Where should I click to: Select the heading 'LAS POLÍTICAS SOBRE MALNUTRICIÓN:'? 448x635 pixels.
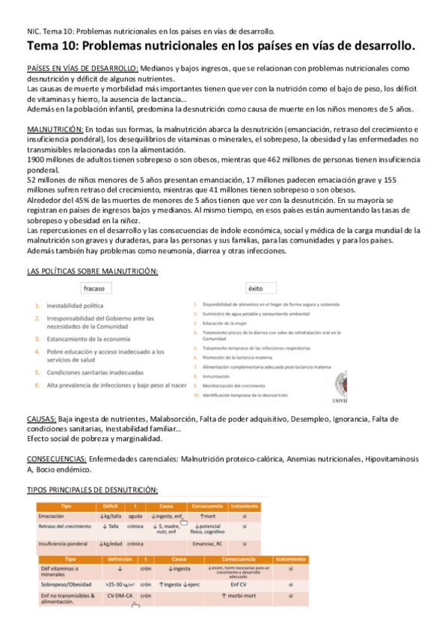coord(92,271)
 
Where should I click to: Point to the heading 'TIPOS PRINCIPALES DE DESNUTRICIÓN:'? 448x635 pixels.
coord(92,489)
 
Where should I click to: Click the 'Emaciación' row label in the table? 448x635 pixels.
coord(52,516)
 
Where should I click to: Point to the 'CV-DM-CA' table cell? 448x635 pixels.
coord(120,597)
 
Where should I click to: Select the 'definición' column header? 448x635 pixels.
coord(120,559)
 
